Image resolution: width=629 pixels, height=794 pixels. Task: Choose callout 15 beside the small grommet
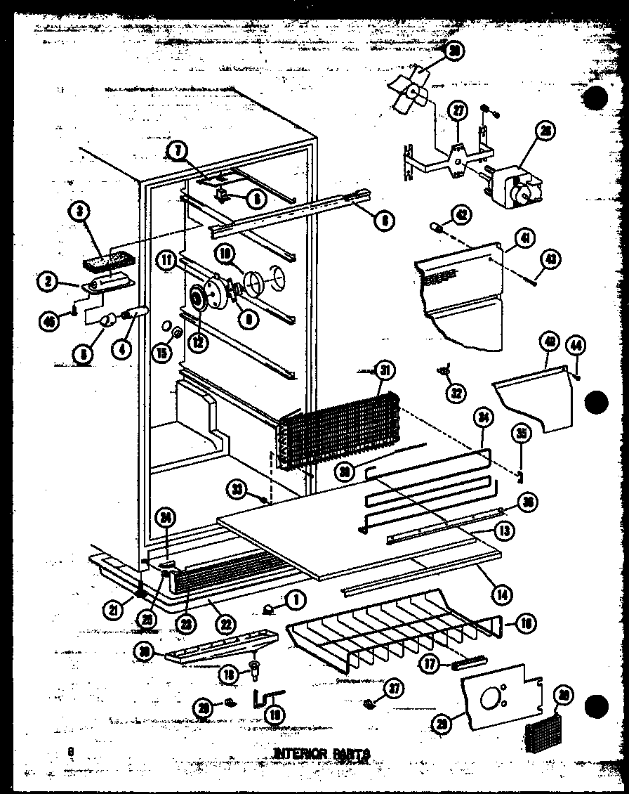pos(162,333)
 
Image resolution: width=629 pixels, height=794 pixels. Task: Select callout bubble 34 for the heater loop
pos(483,419)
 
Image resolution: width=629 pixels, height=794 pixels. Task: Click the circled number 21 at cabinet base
pos(113,610)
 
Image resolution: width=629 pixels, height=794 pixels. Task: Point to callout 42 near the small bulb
pos(461,215)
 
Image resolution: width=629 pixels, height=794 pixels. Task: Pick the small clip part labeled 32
pos(442,368)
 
